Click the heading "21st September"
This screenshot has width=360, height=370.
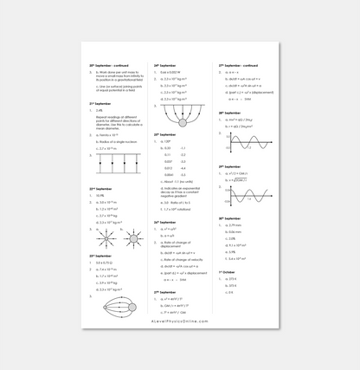pos(101,103)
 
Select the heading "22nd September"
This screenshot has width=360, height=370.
pos(101,187)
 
